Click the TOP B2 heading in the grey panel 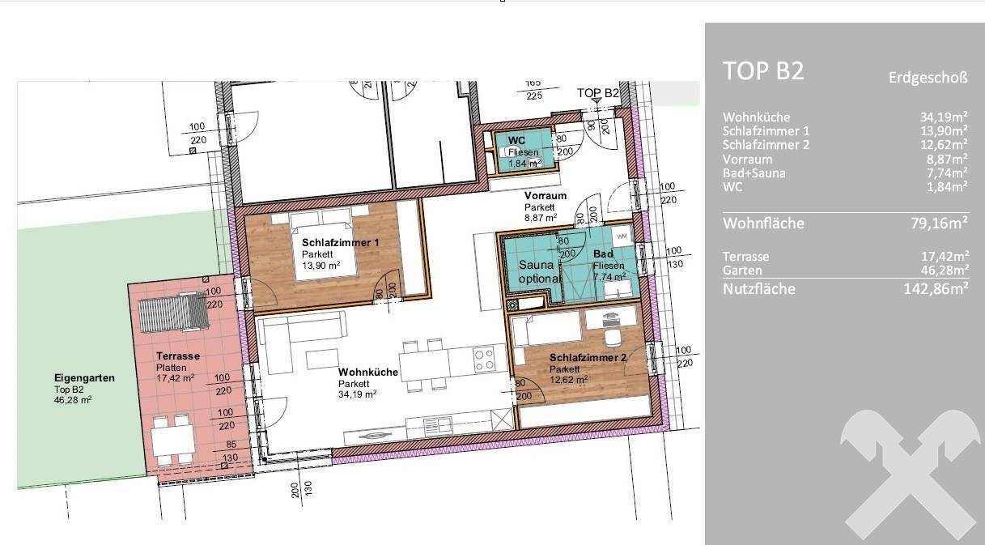tap(763, 70)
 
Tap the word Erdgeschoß tap(928, 78)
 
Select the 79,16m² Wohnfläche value tap(939, 223)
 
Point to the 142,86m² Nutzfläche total tap(936, 289)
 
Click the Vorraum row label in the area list tap(747, 160)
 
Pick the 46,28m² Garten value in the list tap(945, 270)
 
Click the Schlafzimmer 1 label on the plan tap(341, 243)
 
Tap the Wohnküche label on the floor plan tap(368, 373)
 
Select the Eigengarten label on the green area tap(84, 378)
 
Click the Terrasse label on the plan tap(178, 356)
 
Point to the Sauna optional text tap(539, 272)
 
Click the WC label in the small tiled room tap(516, 141)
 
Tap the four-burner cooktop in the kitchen tap(485, 360)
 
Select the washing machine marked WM tap(622, 236)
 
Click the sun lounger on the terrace tap(173, 313)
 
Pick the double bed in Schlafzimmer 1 tap(322, 245)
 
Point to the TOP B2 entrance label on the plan tap(598, 93)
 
